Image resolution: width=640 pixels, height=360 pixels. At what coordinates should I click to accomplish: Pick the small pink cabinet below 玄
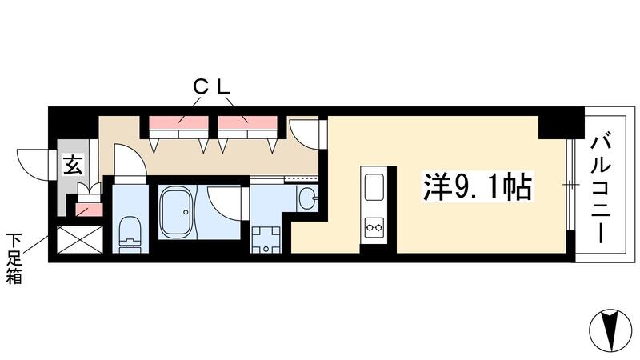tap(84, 208)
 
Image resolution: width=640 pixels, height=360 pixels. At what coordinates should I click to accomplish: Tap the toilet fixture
tap(128, 233)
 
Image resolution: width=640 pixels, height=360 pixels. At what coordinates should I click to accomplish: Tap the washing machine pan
tap(264, 239)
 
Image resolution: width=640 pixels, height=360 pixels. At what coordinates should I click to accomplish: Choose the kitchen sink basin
tap(374, 188)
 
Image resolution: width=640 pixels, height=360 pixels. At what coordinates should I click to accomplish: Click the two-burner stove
tap(374, 227)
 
